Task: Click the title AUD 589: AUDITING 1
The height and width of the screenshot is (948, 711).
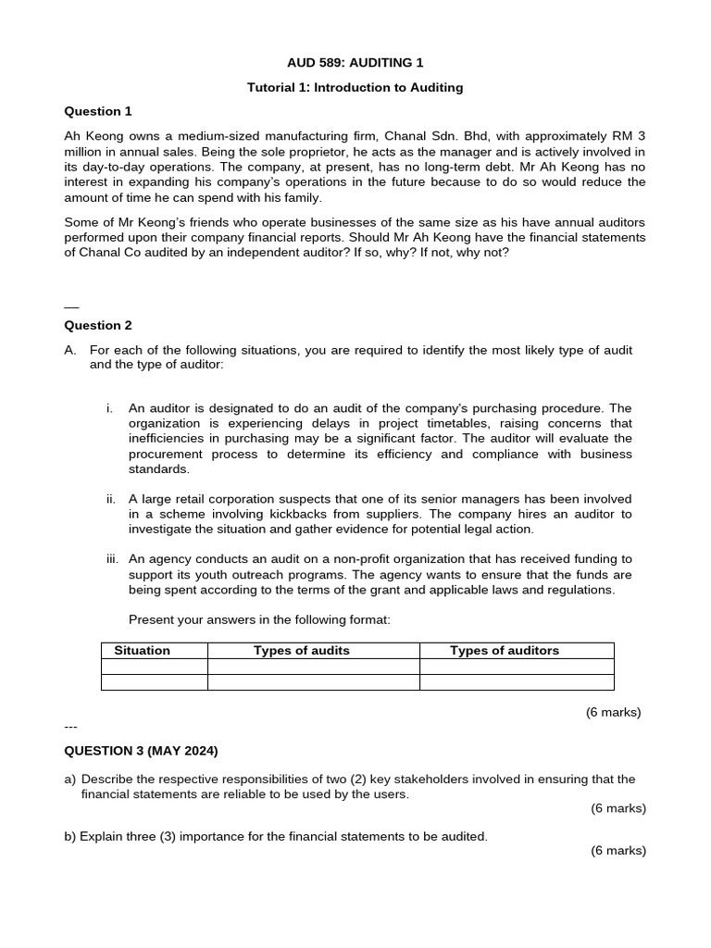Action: tap(355, 63)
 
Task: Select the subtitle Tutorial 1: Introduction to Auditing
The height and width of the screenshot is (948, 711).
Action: tap(355, 88)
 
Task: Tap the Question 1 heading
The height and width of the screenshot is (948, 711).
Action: tap(97, 112)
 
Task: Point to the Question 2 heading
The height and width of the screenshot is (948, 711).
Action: tap(97, 326)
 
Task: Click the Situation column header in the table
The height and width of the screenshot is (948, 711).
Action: tap(142, 651)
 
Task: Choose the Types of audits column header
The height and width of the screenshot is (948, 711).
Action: tap(302, 651)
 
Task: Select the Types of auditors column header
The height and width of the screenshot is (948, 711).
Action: tap(505, 651)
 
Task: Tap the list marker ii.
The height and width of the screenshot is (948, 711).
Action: tap(111, 498)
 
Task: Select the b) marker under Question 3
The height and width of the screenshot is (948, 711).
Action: tap(70, 837)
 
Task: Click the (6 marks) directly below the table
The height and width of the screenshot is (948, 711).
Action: tap(613, 712)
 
